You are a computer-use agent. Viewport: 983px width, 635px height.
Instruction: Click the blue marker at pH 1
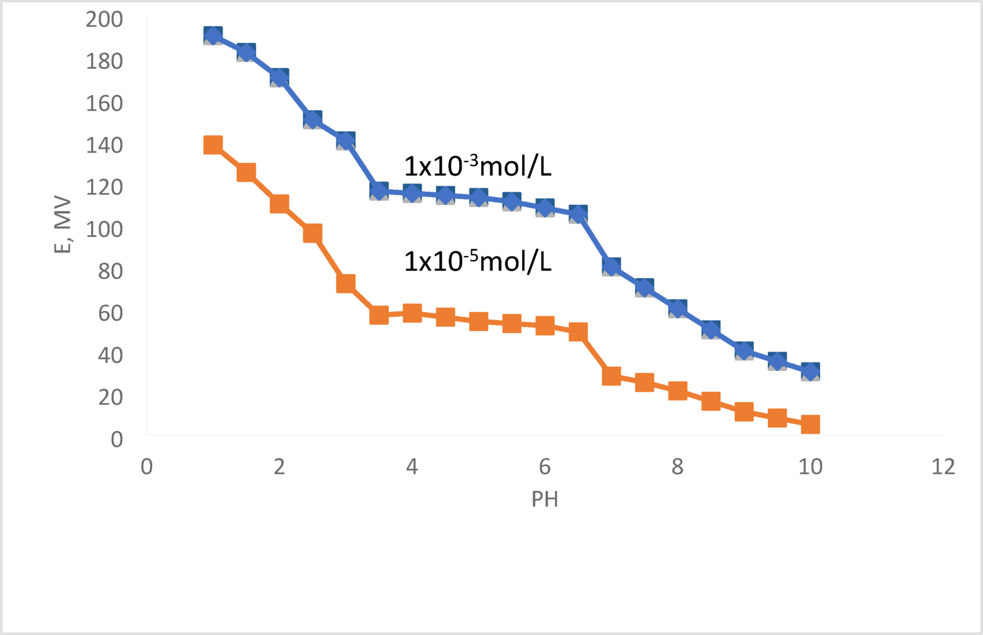213,36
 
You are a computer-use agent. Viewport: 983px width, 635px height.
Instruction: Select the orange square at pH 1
213,145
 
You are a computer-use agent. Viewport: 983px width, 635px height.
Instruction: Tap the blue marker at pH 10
810,371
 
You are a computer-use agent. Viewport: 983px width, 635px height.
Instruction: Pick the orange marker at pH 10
810,424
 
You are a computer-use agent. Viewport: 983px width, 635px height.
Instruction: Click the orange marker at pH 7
611,376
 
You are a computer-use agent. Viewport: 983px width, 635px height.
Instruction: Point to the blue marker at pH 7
611,267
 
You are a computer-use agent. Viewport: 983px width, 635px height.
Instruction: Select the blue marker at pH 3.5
379,191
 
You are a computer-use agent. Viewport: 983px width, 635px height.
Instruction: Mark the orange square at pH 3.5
379,315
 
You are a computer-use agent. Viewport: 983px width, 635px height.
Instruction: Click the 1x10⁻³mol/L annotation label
477,165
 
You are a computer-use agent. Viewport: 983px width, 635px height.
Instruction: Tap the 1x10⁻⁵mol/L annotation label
477,261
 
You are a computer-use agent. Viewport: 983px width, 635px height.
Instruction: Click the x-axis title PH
545,499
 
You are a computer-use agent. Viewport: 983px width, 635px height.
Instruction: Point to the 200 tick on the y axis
105,19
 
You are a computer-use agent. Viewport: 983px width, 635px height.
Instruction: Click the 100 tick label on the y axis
105,229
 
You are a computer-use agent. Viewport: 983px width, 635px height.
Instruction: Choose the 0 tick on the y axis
117,439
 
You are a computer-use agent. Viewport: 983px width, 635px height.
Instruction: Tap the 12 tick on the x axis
943,466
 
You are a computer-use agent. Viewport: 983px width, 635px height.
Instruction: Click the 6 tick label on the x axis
545,466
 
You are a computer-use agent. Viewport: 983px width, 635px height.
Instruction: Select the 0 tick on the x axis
147,466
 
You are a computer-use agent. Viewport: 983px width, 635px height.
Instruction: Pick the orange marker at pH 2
279,204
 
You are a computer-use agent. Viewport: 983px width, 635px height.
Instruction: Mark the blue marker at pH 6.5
578,214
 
